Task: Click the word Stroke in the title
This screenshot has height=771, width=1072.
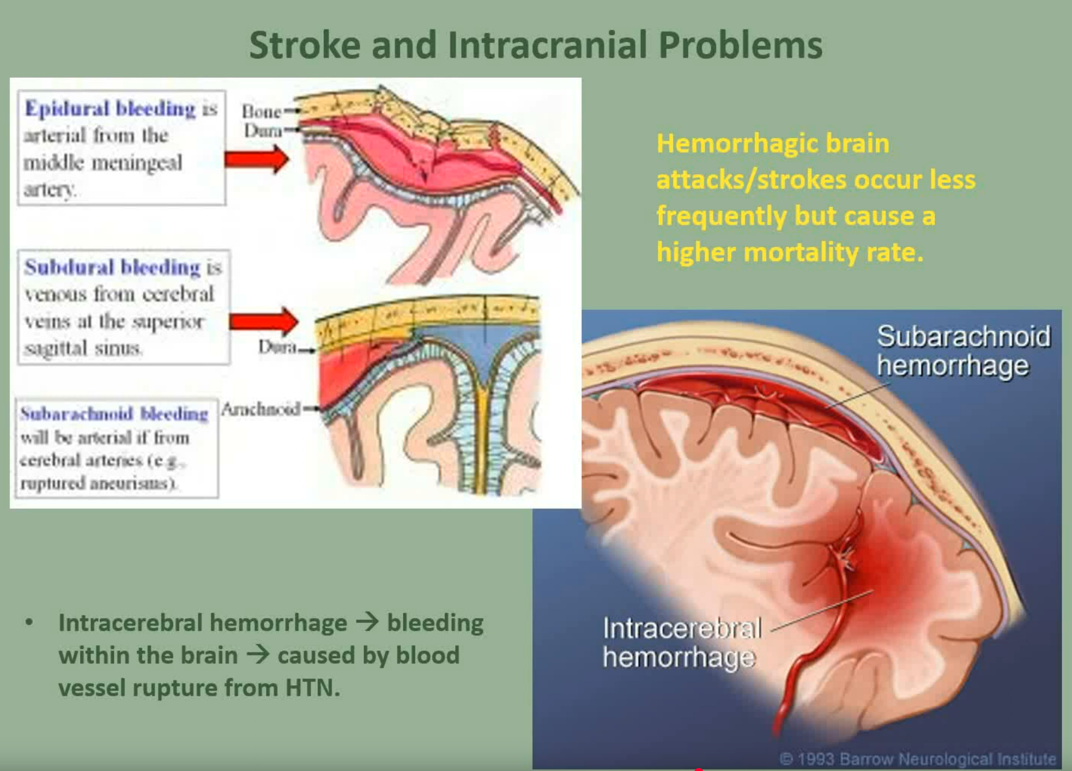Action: (305, 45)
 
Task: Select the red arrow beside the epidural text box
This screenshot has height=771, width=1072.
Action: (257, 159)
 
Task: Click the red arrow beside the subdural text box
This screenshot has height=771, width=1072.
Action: (263, 321)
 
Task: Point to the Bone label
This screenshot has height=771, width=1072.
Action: (261, 112)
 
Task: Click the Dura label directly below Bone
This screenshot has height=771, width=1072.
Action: (263, 130)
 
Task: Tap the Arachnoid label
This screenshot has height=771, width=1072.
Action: (261, 409)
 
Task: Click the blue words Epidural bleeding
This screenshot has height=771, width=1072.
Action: (110, 109)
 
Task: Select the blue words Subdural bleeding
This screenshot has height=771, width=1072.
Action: (112, 267)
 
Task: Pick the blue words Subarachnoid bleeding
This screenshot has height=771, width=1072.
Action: (114, 414)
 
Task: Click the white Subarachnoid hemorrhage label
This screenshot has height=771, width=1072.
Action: (963, 351)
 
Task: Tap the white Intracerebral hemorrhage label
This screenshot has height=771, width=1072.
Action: (682, 642)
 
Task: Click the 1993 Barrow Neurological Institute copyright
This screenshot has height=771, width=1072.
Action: (917, 759)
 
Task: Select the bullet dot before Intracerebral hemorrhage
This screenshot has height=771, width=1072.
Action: (29, 622)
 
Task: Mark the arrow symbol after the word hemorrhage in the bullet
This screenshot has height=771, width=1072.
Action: (367, 622)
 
